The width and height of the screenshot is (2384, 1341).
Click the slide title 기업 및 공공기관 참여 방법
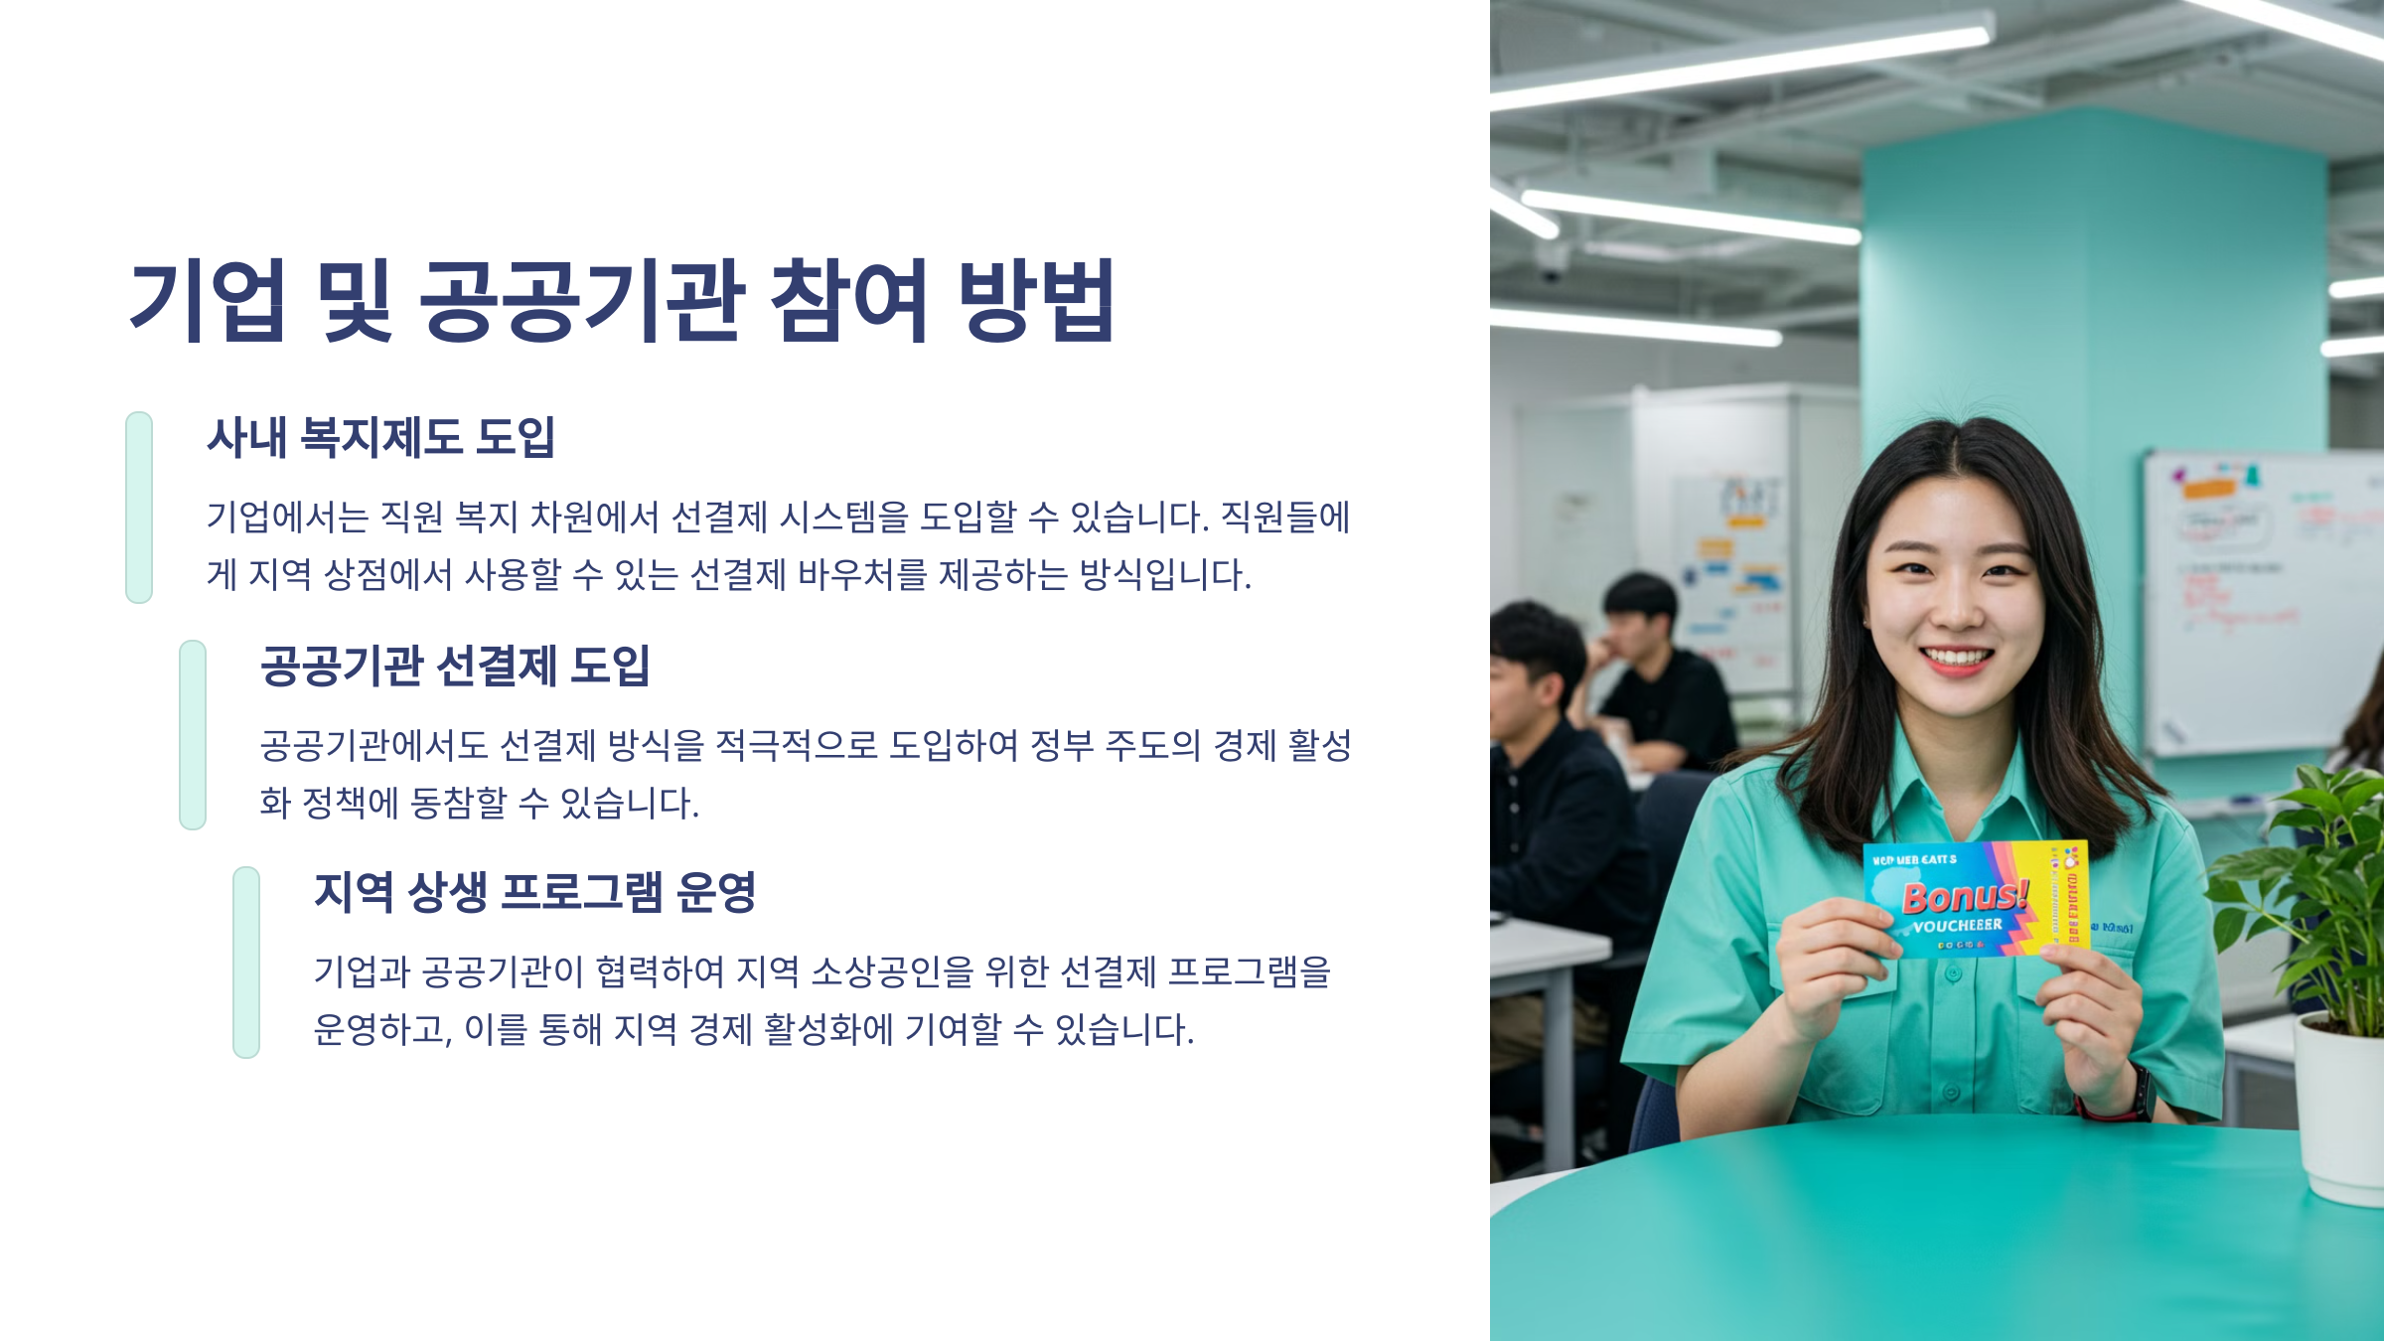click(x=622, y=300)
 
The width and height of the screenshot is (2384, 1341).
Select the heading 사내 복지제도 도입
click(x=380, y=437)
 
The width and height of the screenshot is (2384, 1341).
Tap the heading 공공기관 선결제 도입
click(x=455, y=666)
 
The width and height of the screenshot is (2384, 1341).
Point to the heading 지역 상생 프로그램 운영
click(x=535, y=892)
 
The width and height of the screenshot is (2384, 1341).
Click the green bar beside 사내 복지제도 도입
click(x=139, y=507)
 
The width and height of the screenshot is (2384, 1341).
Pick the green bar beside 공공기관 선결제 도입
click(x=193, y=735)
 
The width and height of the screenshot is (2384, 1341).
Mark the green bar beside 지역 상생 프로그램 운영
click(x=246, y=962)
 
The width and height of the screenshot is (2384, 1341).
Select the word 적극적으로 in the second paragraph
click(x=797, y=745)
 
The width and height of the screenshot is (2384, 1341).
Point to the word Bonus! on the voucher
click(x=1964, y=896)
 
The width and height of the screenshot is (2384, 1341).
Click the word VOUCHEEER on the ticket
click(x=1957, y=926)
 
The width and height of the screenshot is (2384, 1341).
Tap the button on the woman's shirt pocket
click(x=1953, y=973)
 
